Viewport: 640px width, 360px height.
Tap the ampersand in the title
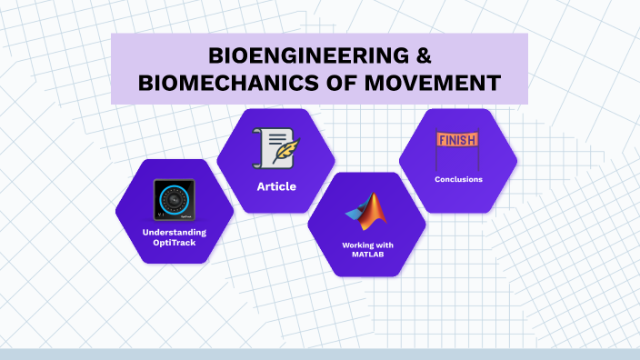420,55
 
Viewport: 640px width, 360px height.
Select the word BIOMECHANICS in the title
224,84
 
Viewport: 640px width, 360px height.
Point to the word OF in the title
341,84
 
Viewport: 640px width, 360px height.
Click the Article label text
275,186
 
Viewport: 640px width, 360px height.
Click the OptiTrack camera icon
174,200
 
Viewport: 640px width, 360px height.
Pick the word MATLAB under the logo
365,255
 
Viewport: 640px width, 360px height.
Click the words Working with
365,245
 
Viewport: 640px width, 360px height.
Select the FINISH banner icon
457,147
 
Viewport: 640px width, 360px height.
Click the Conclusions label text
458,179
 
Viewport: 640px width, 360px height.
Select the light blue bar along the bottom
320,354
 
